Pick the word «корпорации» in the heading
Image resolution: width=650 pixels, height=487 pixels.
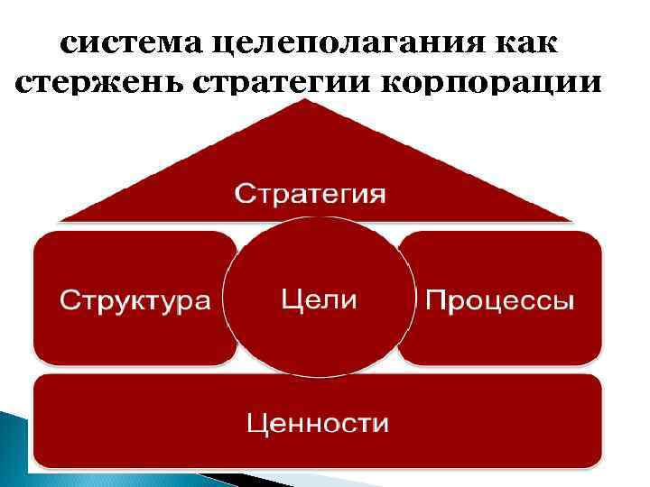492,82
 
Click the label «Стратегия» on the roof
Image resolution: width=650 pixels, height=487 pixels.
311,194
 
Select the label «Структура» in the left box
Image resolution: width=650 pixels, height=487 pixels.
135,300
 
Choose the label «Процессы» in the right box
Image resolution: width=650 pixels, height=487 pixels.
499,300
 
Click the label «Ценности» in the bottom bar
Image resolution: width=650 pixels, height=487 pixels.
317,422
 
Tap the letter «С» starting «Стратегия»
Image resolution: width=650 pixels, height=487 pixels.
244,194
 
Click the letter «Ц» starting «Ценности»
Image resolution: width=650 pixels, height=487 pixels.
255,422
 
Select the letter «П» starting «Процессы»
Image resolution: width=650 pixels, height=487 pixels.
434,300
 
